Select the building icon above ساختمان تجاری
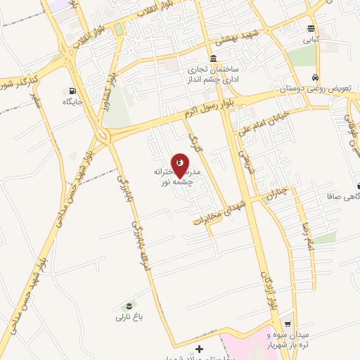pyautogui.click(x=213, y=59)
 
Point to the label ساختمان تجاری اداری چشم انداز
pyautogui.click(x=214, y=75)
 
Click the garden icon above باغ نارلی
pyautogui.click(x=129, y=305)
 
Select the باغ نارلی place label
pyautogui.click(x=129, y=317)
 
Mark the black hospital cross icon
pyautogui.click(x=200, y=349)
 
